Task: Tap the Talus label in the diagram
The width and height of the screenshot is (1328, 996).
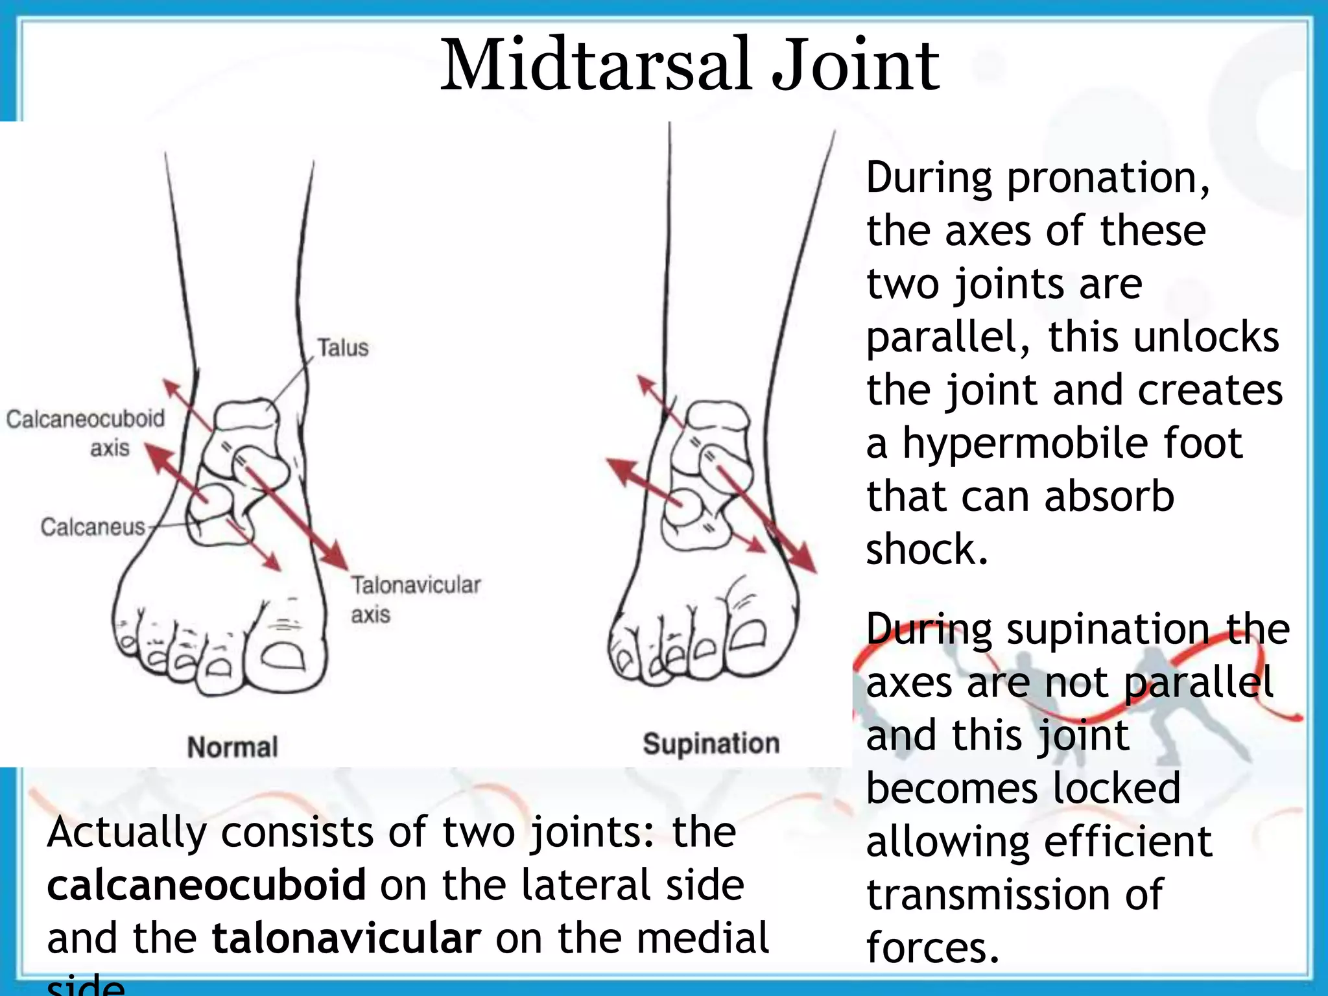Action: [342, 348]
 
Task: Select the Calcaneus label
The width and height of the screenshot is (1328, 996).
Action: [93, 527]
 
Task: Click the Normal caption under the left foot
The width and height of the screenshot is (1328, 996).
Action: [232, 747]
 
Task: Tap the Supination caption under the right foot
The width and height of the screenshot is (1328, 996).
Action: [711, 744]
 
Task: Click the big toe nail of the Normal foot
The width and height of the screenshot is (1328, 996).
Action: [283, 656]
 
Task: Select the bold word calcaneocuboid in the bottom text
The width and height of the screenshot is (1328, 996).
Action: [207, 885]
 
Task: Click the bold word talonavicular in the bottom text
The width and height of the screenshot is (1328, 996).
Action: [347, 938]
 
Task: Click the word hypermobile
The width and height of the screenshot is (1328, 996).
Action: [1073, 444]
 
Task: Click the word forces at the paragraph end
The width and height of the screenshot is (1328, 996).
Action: [932, 947]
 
